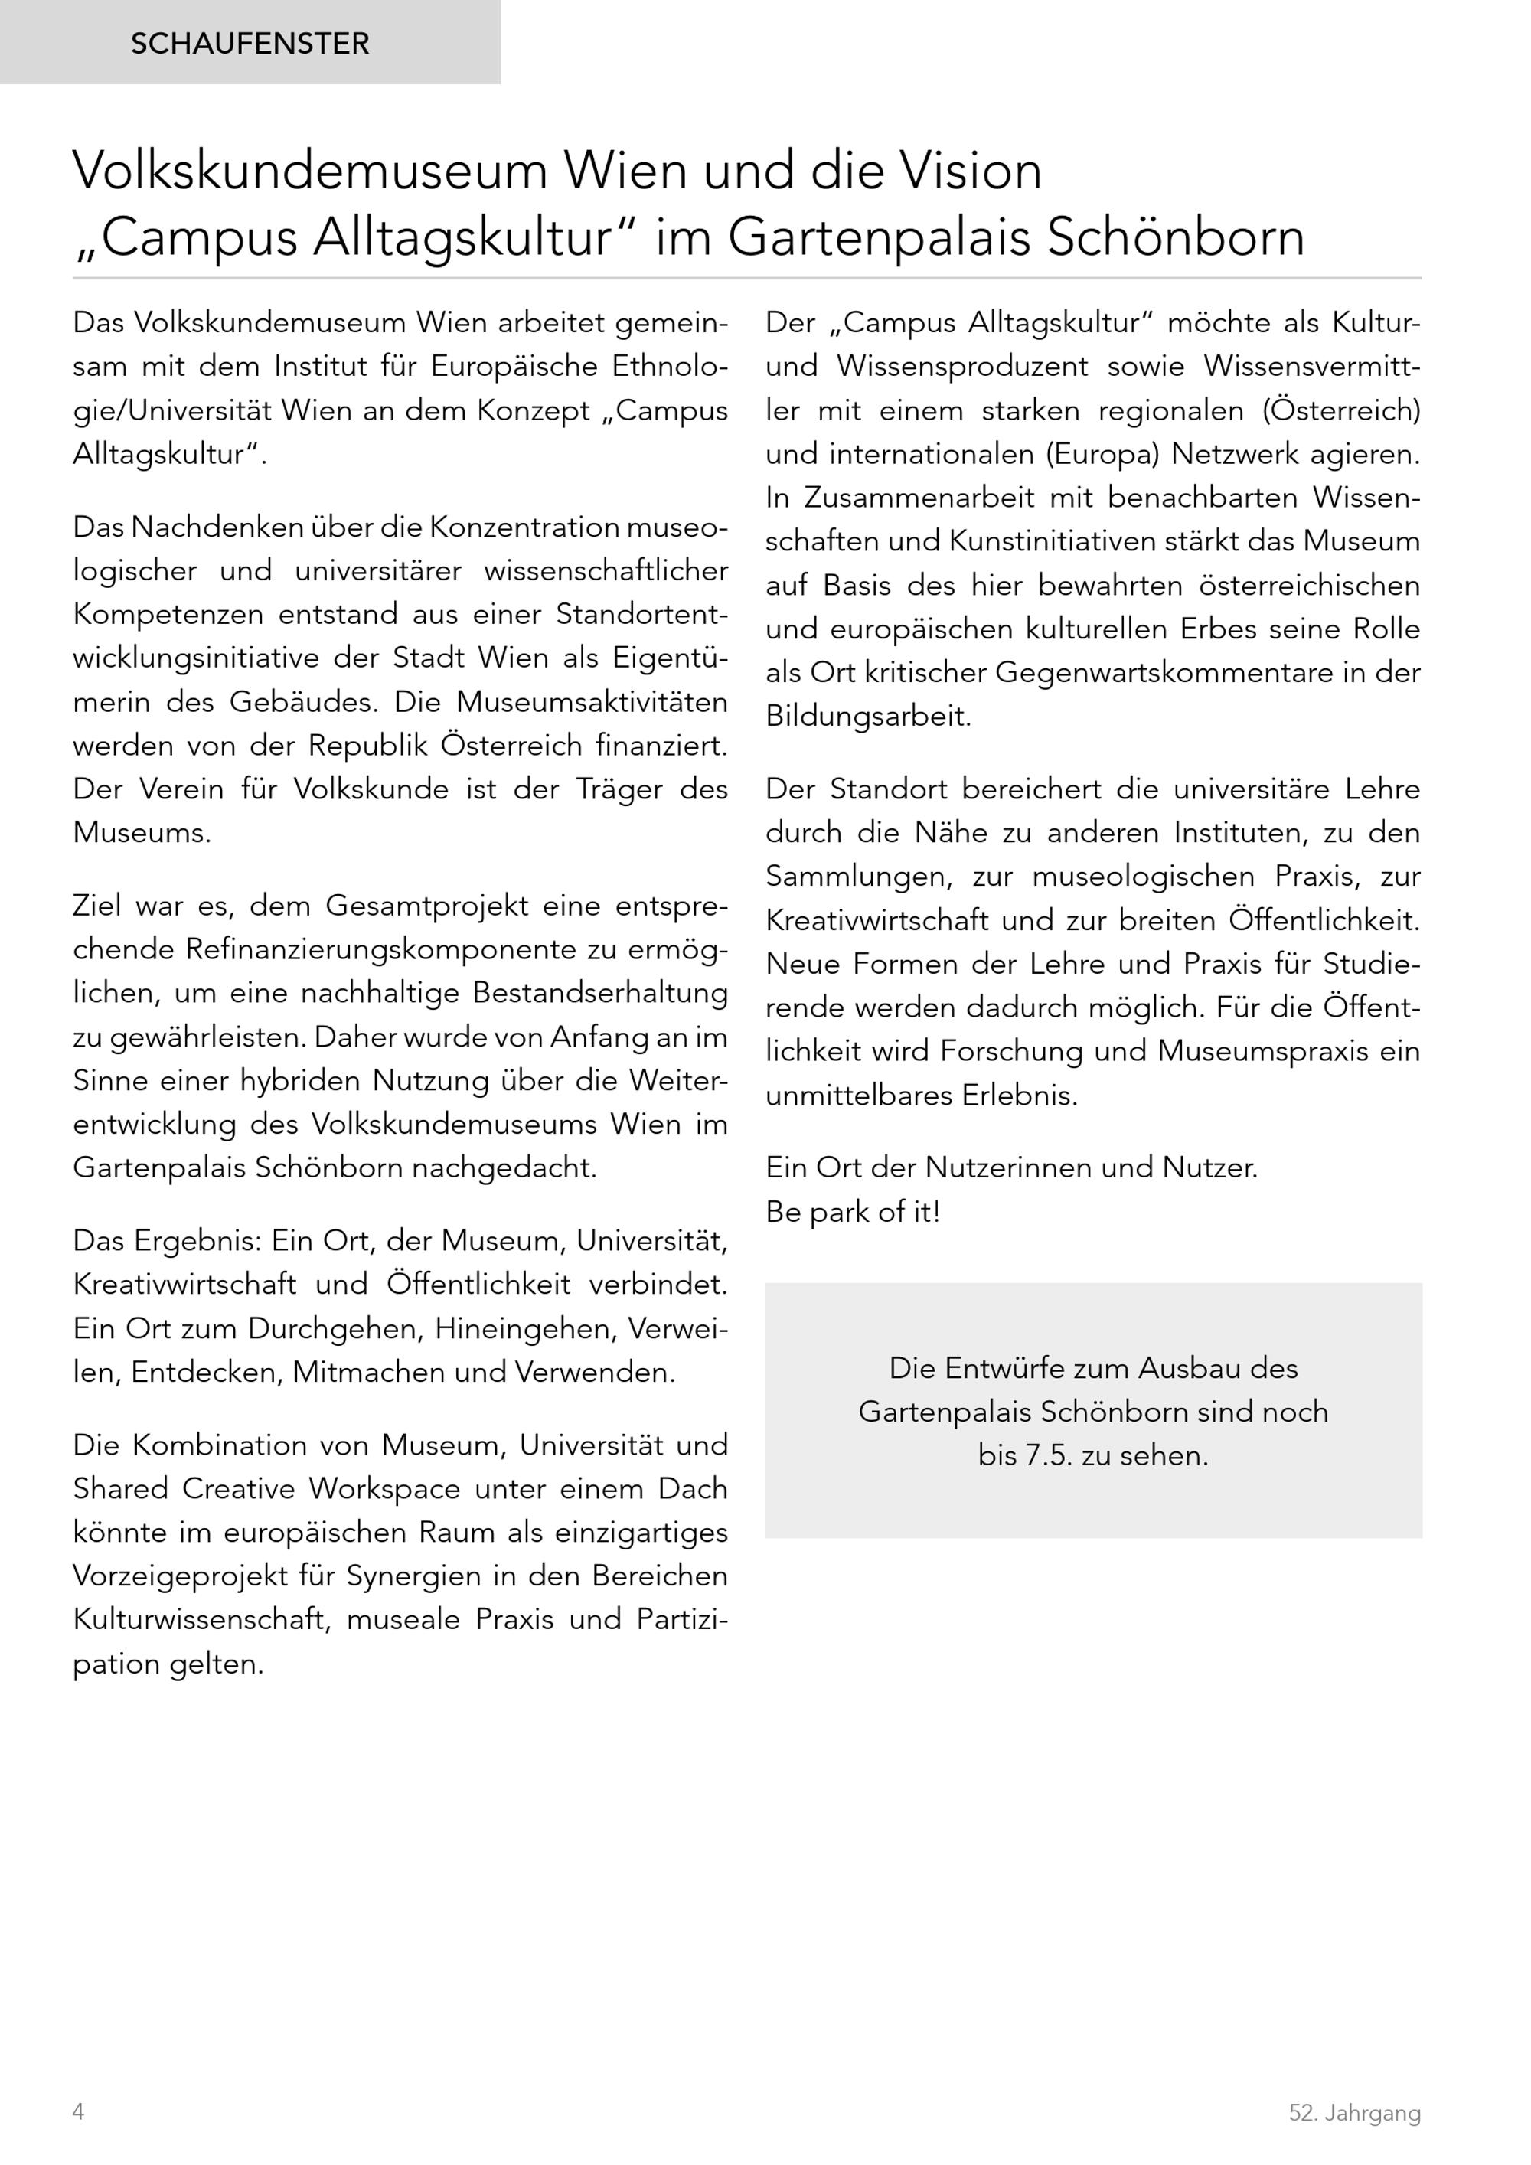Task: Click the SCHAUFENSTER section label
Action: [x=250, y=44]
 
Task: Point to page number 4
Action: [x=78, y=2111]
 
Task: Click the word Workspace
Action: [x=386, y=1488]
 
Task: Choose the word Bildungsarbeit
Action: [x=867, y=717]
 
